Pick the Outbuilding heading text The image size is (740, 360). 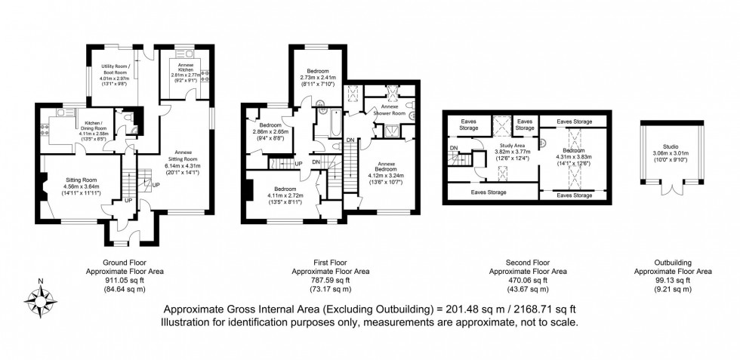point(672,263)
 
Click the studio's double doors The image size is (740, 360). point(671,189)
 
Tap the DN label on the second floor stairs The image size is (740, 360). point(453,147)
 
